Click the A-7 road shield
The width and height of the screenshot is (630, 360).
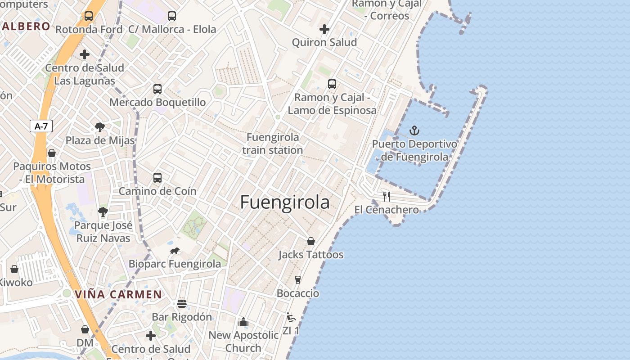tap(41, 126)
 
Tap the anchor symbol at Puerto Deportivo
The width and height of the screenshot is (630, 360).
tap(414, 131)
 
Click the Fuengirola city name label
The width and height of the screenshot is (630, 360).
tap(285, 202)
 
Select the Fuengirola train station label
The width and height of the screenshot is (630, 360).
tap(273, 144)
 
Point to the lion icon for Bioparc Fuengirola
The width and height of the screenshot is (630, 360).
tap(175, 251)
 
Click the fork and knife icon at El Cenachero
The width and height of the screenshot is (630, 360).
tap(387, 196)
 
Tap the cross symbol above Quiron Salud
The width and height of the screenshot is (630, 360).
tap(324, 30)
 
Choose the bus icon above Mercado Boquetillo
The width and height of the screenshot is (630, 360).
tap(157, 89)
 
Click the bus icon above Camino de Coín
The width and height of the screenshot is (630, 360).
tap(157, 178)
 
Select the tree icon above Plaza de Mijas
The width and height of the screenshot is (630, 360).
tap(100, 127)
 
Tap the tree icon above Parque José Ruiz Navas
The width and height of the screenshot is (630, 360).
tap(103, 212)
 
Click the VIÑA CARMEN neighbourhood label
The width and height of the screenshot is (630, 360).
tap(118, 295)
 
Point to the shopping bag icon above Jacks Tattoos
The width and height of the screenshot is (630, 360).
tap(311, 242)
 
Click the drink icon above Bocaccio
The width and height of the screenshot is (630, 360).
tap(297, 280)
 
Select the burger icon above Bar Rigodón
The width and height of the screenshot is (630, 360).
tap(182, 304)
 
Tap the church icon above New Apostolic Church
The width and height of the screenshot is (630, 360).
tap(243, 322)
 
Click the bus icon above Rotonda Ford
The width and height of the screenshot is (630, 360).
tap(89, 16)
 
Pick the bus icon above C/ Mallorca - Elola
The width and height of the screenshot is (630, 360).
tap(172, 16)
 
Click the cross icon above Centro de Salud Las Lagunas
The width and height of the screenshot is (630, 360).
tap(85, 55)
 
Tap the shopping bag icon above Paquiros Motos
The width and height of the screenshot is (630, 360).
tap(52, 153)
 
